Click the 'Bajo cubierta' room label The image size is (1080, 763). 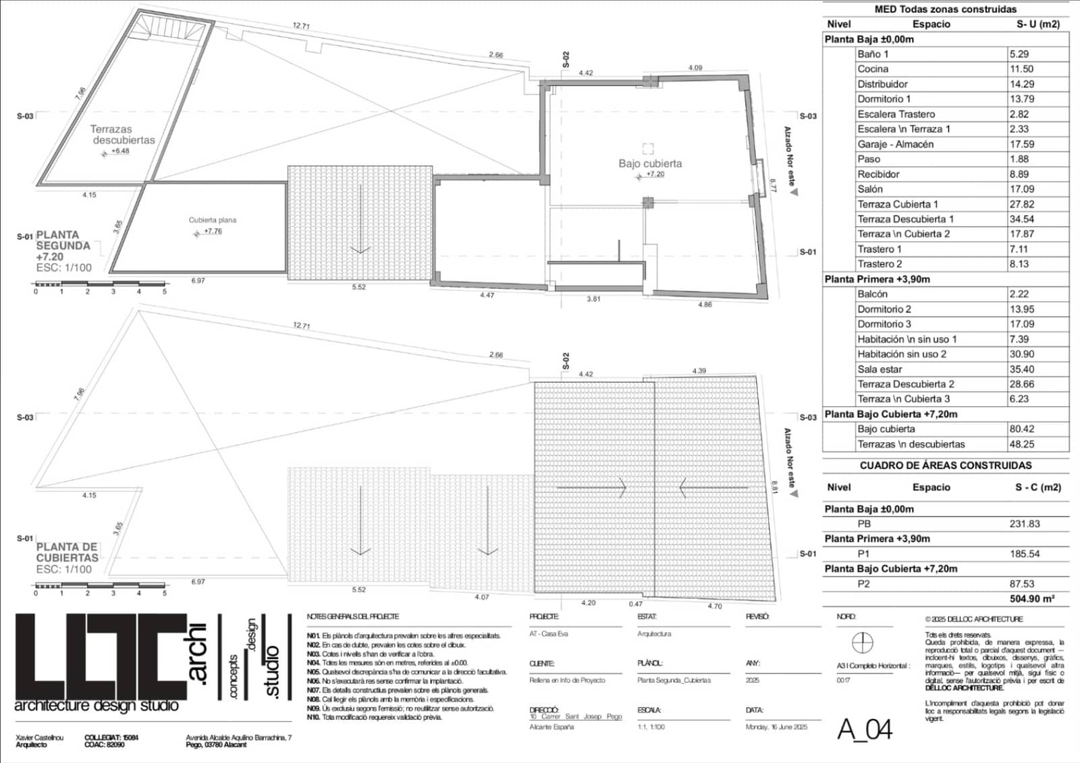click(650, 163)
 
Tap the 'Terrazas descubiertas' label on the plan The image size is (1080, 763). click(123, 134)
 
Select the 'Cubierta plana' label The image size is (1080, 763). click(213, 220)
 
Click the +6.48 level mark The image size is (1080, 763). click(119, 151)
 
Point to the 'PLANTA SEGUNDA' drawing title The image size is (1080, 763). click(63, 246)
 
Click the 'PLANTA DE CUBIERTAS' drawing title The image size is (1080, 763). click(67, 552)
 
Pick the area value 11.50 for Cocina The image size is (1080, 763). click(1021, 69)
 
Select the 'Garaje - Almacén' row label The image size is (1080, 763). click(895, 144)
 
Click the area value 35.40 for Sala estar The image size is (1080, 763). click(1022, 369)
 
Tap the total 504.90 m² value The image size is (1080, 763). click(1032, 599)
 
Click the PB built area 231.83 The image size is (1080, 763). click(1025, 523)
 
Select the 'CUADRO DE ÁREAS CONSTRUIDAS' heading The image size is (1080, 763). click(945, 465)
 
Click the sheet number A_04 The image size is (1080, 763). click(865, 729)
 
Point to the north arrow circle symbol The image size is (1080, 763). click(863, 642)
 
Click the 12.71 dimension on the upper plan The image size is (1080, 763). click(301, 26)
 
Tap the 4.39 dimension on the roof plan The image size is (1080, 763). click(699, 371)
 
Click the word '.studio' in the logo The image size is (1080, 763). click(271, 672)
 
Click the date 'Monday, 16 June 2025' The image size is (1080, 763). click(776, 727)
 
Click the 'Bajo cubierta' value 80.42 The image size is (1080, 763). click(1021, 429)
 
